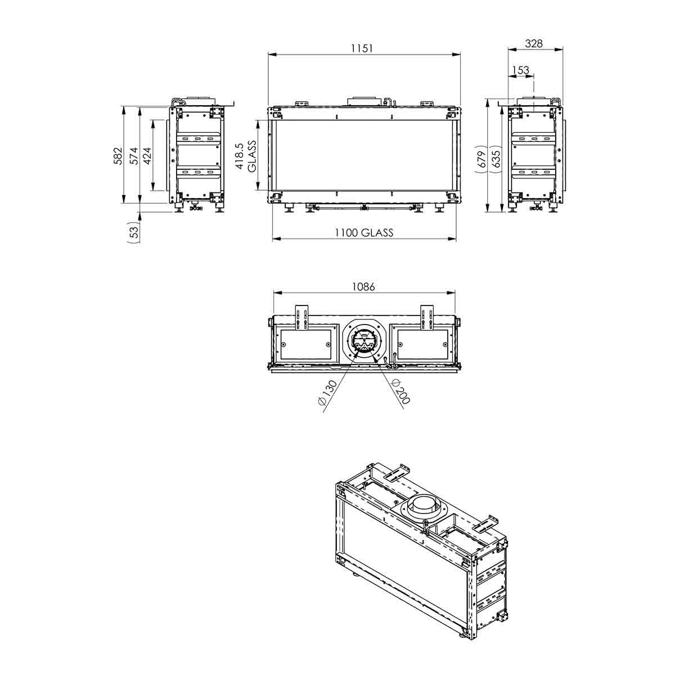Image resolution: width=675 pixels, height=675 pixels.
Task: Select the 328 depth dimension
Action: click(x=534, y=43)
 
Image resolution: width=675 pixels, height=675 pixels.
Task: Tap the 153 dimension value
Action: click(x=520, y=70)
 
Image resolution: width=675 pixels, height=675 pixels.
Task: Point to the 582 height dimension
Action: click(x=118, y=155)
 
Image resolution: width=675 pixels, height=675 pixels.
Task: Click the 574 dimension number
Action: click(x=134, y=155)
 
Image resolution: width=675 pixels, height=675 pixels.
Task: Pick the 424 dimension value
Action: click(x=147, y=155)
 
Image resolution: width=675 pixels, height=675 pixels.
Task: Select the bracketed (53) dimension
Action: click(x=134, y=232)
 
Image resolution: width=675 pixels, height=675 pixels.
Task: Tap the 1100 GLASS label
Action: click(x=364, y=232)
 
